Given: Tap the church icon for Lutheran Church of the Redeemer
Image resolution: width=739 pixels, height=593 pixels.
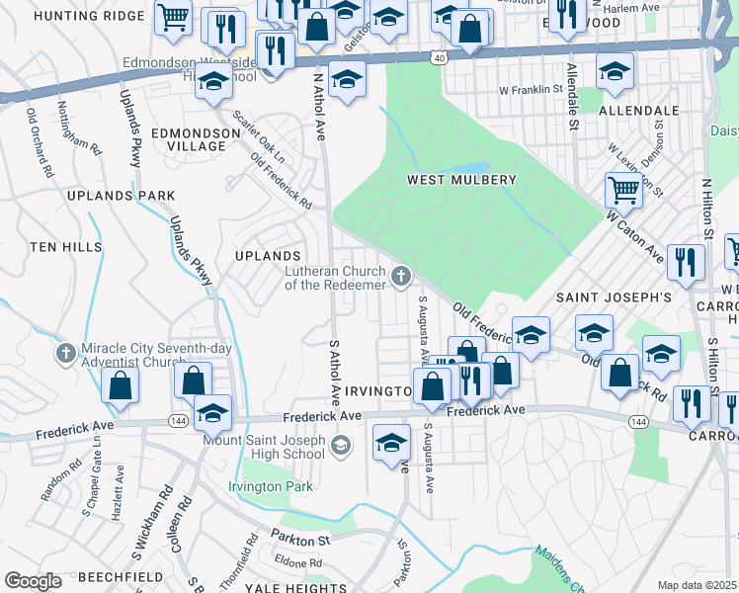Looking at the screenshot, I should pos(401,277).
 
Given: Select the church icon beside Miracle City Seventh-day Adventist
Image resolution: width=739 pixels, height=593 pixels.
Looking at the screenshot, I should pos(65,353).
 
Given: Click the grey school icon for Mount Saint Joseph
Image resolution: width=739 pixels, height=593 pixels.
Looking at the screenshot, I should pos(341,447).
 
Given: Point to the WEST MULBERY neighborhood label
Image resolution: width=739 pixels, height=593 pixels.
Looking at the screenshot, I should pos(461,180).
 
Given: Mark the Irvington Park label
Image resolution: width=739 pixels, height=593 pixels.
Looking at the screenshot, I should pos(270,486).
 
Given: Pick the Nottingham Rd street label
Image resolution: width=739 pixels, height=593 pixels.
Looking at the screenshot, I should pos(80,127).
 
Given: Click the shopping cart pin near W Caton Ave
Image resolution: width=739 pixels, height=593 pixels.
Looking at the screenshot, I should pos(623,188).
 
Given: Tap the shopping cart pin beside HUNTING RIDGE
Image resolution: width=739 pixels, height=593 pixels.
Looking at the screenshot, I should pos(173,17).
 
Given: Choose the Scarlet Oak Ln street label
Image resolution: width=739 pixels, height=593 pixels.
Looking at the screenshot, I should pos(259,137).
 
